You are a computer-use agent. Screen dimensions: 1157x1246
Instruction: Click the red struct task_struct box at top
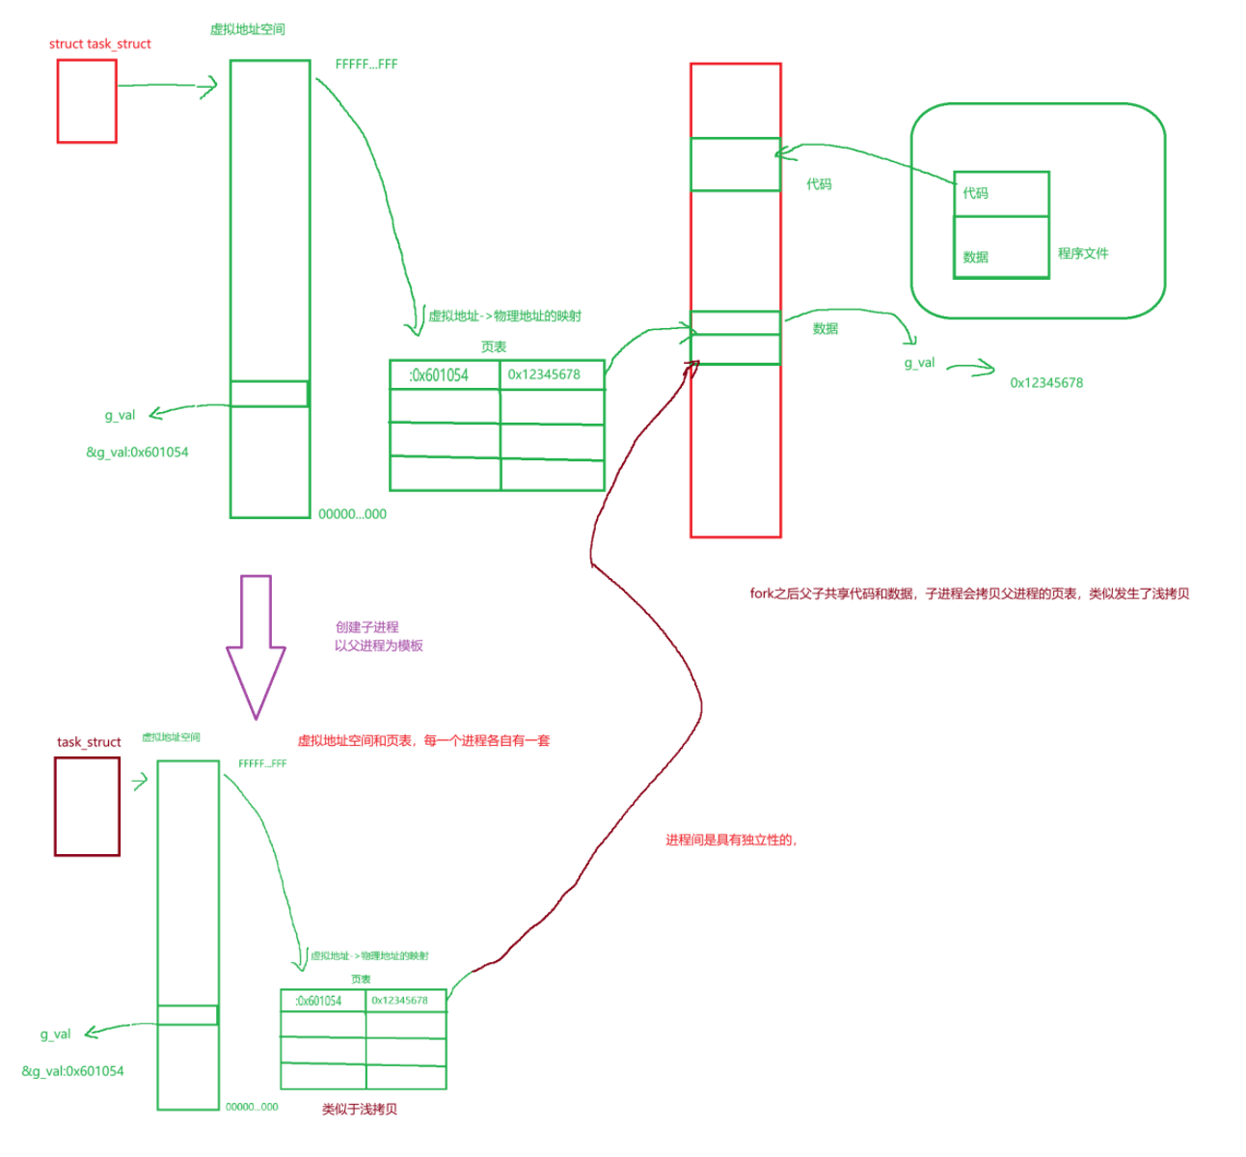(x=87, y=101)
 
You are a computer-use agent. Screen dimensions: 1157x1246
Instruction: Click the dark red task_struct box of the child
(x=87, y=806)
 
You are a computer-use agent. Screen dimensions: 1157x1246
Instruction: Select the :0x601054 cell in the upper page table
(x=444, y=375)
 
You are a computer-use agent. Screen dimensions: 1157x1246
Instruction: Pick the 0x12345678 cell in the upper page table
(x=552, y=375)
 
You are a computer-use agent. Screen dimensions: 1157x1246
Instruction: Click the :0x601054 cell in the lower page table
(x=323, y=1001)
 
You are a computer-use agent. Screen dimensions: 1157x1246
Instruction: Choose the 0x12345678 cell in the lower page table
(x=406, y=1001)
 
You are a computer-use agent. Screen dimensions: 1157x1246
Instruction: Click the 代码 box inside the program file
(x=1000, y=194)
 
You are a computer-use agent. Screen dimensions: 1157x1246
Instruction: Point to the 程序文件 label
(x=1083, y=254)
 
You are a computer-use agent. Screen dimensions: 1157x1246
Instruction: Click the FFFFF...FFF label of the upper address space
(x=366, y=65)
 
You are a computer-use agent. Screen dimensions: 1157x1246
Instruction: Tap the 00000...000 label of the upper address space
(x=352, y=514)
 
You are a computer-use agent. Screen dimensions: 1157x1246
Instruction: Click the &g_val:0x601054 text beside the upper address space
(x=137, y=453)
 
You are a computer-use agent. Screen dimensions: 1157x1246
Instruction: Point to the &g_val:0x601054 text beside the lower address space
(x=72, y=1071)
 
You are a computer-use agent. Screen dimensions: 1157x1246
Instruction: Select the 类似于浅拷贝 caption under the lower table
(x=360, y=1110)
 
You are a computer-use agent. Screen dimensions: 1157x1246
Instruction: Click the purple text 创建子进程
(x=367, y=627)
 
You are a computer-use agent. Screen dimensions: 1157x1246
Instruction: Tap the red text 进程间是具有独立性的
(x=730, y=840)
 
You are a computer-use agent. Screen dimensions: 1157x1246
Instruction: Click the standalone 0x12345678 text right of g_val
(x=1046, y=383)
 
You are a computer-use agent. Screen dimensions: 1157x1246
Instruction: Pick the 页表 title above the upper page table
(x=494, y=347)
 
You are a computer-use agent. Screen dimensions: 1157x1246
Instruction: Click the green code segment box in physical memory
(x=735, y=164)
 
